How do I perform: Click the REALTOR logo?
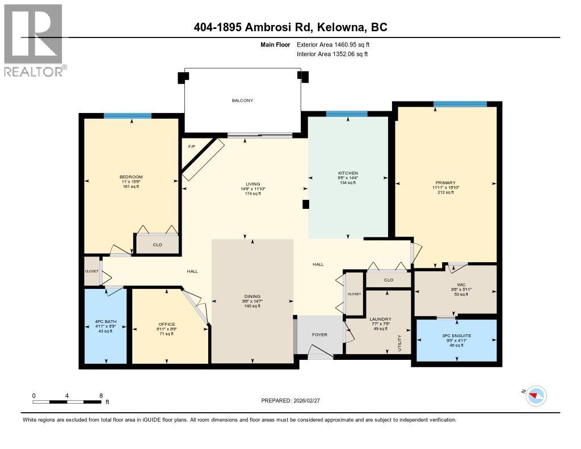(x=34, y=40)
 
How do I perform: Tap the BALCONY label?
(x=242, y=100)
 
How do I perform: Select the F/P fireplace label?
(x=192, y=146)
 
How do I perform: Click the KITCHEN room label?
(x=347, y=173)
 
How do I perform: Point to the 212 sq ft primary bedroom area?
(x=445, y=192)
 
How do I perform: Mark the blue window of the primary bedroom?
(x=460, y=104)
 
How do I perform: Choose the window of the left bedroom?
(x=128, y=116)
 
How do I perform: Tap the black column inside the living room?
(x=306, y=205)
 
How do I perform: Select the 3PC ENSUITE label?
(x=457, y=335)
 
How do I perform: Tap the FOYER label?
(x=320, y=334)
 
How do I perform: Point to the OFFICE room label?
(x=167, y=324)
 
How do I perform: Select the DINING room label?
(x=252, y=296)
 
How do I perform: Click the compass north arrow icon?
(x=536, y=395)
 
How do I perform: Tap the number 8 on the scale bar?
(x=101, y=396)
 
